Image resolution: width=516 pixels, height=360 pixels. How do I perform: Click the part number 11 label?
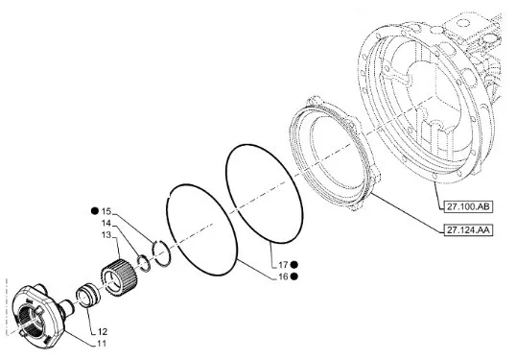tap(102, 344)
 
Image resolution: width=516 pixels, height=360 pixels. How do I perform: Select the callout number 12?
tap(103, 331)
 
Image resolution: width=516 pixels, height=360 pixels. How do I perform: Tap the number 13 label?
tap(106, 235)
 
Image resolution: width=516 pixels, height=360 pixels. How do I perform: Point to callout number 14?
tap(106, 224)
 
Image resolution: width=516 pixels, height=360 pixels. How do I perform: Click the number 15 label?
tap(106, 211)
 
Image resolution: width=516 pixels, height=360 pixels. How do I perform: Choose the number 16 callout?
tap(283, 276)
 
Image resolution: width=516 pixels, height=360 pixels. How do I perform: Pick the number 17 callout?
tap(283, 265)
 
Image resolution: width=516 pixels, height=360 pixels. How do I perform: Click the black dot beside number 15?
tap(95, 211)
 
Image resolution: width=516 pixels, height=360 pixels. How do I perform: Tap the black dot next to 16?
tap(294, 276)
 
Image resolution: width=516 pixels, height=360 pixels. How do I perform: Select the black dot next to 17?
tap(294, 265)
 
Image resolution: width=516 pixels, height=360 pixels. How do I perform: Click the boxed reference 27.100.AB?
tap(468, 206)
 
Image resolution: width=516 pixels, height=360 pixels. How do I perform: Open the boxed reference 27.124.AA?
tap(468, 230)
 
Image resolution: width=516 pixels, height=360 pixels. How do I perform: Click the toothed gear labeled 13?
tap(118, 277)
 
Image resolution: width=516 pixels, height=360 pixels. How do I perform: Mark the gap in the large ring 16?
tap(169, 193)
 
